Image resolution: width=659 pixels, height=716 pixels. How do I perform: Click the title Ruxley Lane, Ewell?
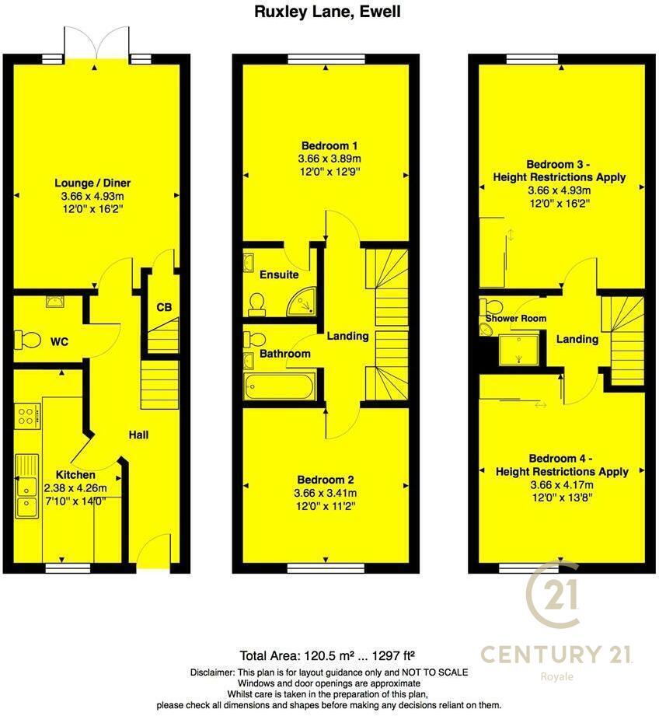329,12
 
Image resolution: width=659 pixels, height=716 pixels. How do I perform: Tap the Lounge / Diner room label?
92,183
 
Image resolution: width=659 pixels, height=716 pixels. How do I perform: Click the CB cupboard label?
163,307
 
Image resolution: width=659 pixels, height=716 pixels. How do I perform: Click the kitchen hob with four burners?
26,415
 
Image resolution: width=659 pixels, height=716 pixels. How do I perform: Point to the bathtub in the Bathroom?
279,386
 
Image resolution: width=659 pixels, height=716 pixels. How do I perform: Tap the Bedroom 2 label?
325,480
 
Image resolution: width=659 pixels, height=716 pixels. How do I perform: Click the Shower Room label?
516,318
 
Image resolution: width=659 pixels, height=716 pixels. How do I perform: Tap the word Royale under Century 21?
556,676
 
